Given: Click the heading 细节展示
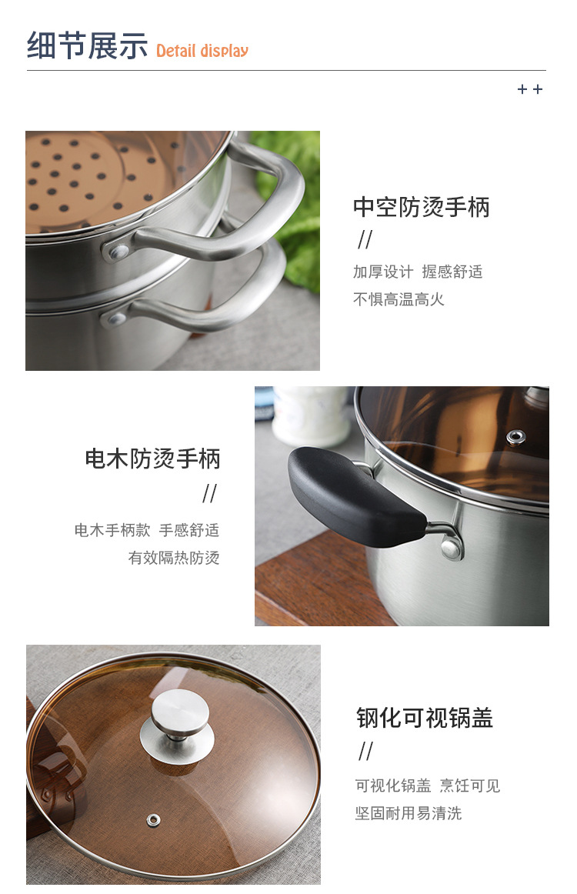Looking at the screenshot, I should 87,46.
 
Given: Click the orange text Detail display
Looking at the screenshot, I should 202,52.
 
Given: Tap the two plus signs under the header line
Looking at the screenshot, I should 530,89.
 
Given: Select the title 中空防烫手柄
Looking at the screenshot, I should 421,207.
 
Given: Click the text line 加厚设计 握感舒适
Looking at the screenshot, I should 418,272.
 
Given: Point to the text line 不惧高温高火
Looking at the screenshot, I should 399,299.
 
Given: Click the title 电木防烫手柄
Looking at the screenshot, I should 152,459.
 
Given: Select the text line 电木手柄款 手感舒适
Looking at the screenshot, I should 146,530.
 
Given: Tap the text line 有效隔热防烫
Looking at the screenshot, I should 174,558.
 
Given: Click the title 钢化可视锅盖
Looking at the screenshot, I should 425,718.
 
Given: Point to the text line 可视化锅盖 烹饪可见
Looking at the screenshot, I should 427,786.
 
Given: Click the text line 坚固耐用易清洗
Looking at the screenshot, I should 408,813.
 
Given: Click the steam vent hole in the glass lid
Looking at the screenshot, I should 152,819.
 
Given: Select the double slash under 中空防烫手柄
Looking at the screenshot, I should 365,240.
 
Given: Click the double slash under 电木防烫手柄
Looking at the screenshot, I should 209,493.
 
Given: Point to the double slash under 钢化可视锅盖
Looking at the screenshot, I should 365,752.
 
